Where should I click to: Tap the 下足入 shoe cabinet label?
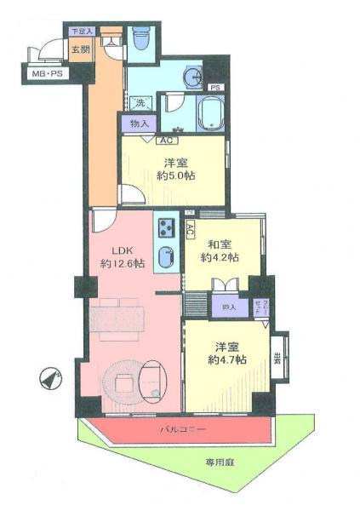(x=81, y=32)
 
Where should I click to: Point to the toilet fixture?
(x=141, y=39)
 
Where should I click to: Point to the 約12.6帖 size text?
(x=123, y=264)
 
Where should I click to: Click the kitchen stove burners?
(x=164, y=228)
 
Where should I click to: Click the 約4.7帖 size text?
(x=226, y=359)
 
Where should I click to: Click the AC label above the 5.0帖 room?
(x=166, y=141)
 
